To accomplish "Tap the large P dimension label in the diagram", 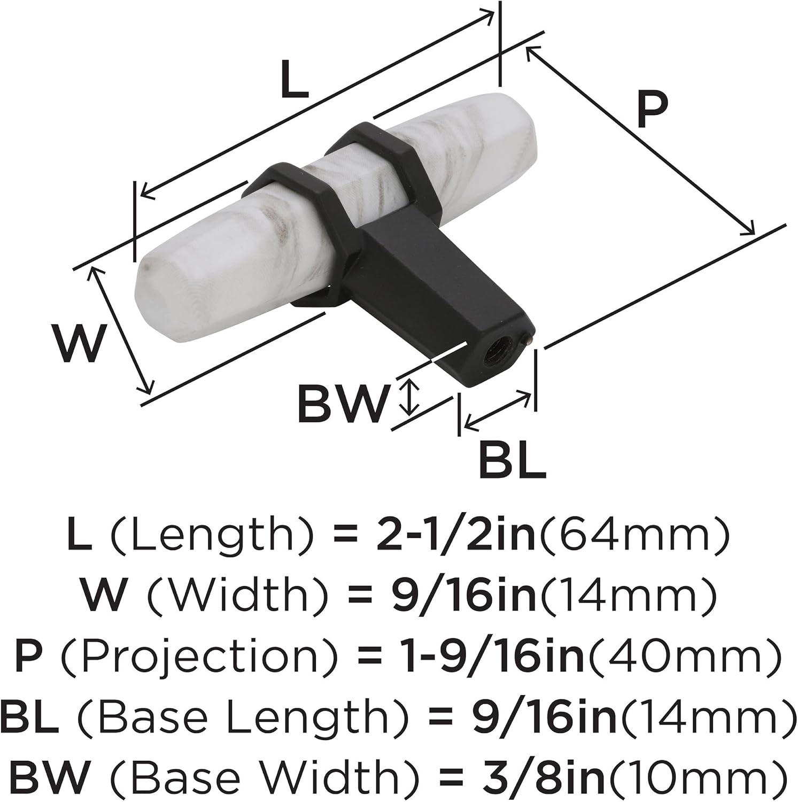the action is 652,110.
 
